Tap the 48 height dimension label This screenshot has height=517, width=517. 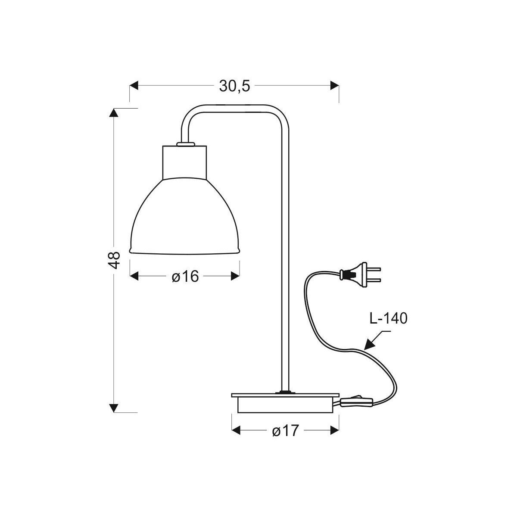tap(114, 260)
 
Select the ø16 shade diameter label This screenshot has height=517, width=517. tap(185, 276)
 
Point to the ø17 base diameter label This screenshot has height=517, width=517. tap(285, 431)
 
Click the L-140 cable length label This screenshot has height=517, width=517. tap(388, 318)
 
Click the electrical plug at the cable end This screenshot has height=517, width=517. tap(360, 274)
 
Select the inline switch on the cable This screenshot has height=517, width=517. tap(356, 409)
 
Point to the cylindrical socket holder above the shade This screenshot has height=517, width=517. tap(184, 162)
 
